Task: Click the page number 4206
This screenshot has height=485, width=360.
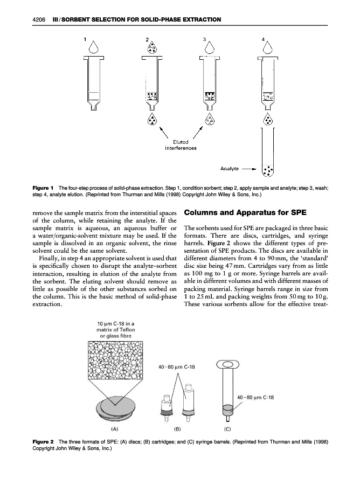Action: click(38, 20)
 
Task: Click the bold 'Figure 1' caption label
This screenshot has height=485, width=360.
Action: click(43, 188)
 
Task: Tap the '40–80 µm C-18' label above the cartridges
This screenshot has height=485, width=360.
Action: click(176, 367)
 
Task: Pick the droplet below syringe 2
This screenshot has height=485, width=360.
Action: click(153, 119)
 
